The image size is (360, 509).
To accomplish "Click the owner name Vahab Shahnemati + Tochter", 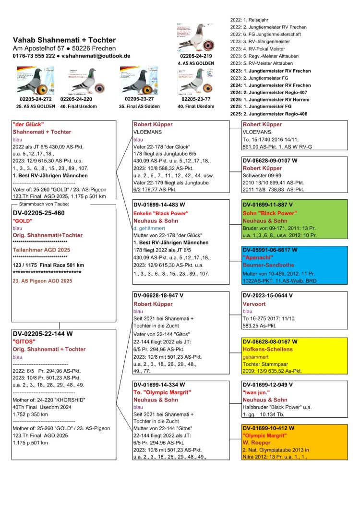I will pos(64,40).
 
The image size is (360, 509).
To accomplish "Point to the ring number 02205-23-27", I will pos(139,98).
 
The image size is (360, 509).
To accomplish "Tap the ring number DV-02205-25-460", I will pos(38,212).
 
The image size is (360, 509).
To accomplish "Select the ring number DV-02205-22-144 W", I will pos(42,333).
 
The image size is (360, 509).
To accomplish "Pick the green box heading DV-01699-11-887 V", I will pos(267,205).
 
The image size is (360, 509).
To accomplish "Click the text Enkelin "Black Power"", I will pos(160,213).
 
